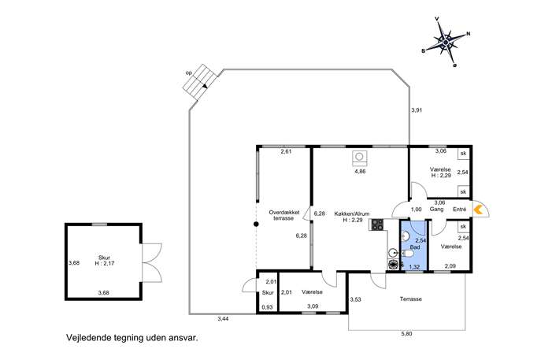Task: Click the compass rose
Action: coord(446,42)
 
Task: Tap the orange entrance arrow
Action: coord(478,210)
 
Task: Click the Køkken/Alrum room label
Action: coord(352,217)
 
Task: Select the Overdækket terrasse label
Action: coord(284,215)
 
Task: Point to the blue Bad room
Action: coord(413,244)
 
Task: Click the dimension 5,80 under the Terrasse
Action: coord(407,334)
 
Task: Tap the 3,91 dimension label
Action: coord(417,110)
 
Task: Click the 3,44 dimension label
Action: coord(223,319)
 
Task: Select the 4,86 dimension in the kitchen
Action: coord(360,171)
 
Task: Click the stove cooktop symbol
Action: coord(377,225)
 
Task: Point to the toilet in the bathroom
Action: coord(407,254)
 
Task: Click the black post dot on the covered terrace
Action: coord(256,225)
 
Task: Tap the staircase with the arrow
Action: coord(200,83)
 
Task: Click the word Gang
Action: coord(436,210)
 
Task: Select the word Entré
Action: coord(459,210)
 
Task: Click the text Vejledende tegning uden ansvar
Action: coord(132,337)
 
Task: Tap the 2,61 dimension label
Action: coord(286,151)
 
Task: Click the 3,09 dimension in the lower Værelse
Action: coord(313,306)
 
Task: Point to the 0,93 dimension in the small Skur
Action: coord(268,307)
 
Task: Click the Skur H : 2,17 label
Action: coord(104,261)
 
